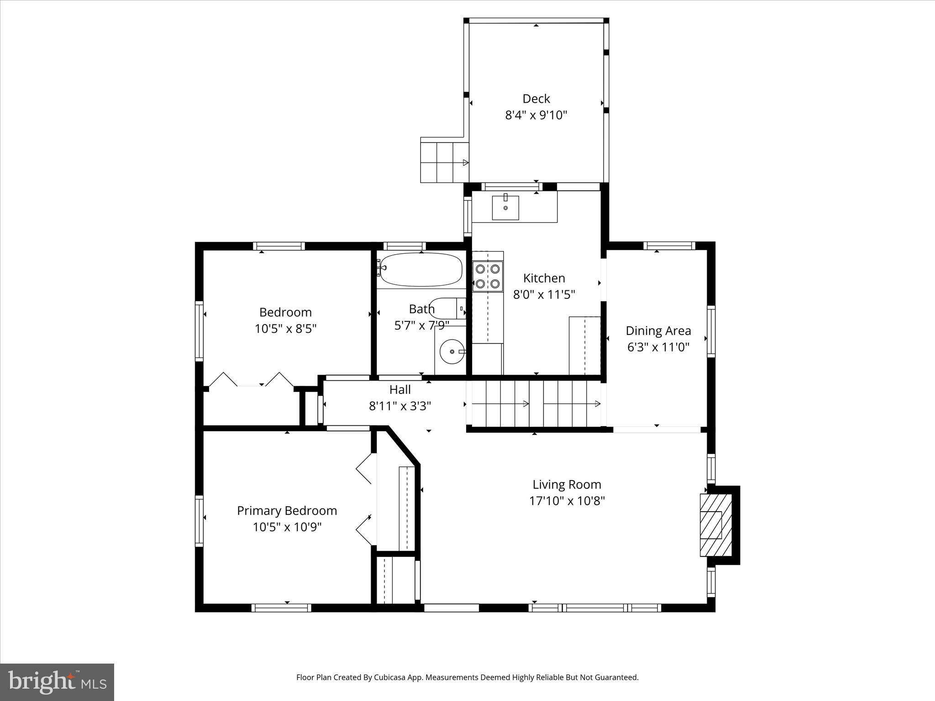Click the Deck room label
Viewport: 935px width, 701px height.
(x=536, y=99)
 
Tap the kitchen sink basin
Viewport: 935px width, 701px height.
(x=505, y=208)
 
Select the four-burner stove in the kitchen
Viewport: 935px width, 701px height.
(x=488, y=277)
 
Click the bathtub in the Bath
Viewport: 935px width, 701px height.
(x=421, y=270)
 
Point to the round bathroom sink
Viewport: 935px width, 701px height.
(x=452, y=351)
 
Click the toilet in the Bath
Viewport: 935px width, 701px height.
(x=448, y=309)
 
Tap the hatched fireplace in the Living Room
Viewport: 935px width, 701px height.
(x=715, y=525)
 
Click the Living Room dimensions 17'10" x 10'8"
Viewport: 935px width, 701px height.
(x=567, y=501)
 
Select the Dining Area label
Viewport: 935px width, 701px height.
(x=658, y=330)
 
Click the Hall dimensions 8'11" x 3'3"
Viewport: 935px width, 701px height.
(x=400, y=406)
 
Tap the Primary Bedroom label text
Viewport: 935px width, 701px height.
(x=287, y=510)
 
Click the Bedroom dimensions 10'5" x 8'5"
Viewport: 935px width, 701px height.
(x=285, y=329)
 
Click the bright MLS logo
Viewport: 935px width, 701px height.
(x=57, y=682)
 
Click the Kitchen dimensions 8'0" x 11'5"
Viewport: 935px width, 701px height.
(x=544, y=294)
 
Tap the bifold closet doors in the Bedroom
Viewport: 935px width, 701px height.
(x=251, y=380)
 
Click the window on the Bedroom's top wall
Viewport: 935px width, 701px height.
(x=279, y=246)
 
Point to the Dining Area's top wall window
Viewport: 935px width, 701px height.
(x=669, y=246)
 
